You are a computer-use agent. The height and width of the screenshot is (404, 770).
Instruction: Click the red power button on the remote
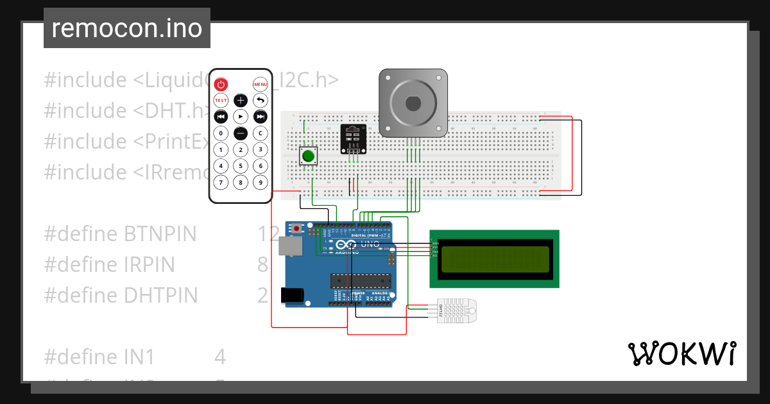221,84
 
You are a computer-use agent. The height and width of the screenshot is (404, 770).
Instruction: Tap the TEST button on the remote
221,100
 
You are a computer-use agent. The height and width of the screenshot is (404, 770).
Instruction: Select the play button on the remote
240,116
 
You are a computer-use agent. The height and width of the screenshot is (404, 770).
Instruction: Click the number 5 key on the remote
240,165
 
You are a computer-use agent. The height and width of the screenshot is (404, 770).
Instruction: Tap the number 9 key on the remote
260,182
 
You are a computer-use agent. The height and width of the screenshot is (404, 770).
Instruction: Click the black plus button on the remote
240,100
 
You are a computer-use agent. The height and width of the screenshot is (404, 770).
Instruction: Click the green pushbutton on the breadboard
309,156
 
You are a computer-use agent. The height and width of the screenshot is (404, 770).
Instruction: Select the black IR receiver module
352,139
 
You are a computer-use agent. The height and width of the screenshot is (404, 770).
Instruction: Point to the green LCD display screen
494,258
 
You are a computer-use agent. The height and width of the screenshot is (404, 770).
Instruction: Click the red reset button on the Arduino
297,228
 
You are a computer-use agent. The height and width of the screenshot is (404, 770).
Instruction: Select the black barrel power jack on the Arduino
293,294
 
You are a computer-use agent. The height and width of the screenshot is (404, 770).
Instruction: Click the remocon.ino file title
127,28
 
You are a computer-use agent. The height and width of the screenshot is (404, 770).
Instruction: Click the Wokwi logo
681,353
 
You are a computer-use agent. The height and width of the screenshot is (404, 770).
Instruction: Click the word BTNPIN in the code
160,234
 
